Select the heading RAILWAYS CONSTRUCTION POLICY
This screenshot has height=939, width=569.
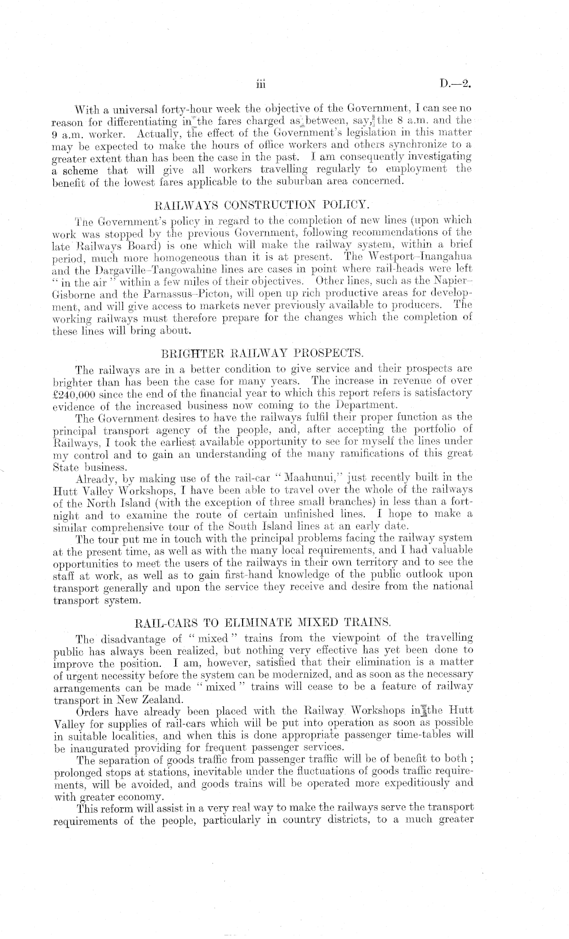(261, 205)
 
